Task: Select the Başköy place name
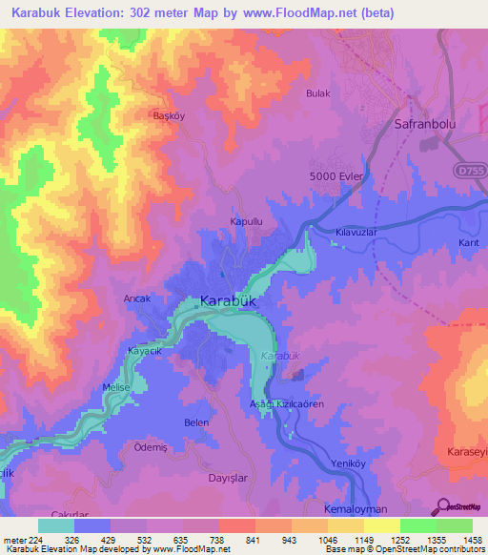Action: click(x=146, y=116)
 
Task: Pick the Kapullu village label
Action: click(x=246, y=221)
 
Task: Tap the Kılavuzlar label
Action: click(x=357, y=233)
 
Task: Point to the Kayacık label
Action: click(x=146, y=351)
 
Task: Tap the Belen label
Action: click(x=195, y=421)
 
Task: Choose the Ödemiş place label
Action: click(x=152, y=447)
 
